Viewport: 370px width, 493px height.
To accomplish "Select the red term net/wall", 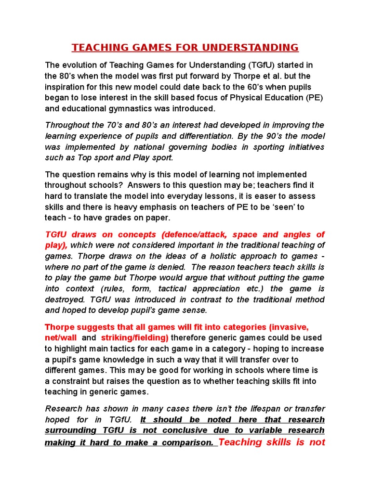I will pos(61,338).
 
